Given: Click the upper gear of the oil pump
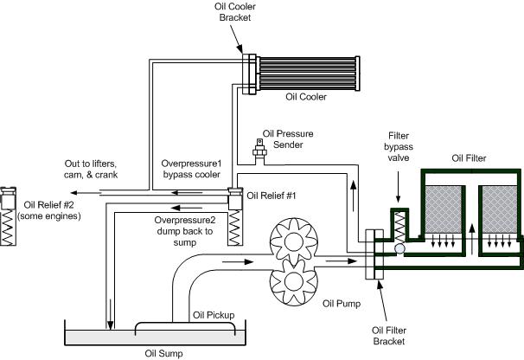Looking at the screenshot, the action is click(x=294, y=241).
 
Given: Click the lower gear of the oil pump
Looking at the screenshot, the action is click(x=294, y=282).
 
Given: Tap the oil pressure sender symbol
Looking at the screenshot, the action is click(x=259, y=151).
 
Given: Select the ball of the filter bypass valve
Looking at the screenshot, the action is click(x=399, y=248).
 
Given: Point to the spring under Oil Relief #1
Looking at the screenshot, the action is click(x=235, y=228).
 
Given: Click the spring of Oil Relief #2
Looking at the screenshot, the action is click(x=8, y=228).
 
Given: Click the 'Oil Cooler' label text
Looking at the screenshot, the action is click(x=306, y=97).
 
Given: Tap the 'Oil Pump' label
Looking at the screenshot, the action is click(x=342, y=304).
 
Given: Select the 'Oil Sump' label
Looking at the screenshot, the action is click(x=163, y=353).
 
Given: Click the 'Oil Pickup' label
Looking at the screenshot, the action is click(x=214, y=315).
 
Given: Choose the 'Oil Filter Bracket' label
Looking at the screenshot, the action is click(x=389, y=336).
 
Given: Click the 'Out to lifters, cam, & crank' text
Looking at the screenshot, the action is click(x=91, y=169).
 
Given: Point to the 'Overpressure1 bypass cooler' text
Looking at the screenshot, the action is click(x=191, y=169).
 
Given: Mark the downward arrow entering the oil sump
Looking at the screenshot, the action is click(x=110, y=313).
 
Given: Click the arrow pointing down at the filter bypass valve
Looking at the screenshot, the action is click(x=398, y=187).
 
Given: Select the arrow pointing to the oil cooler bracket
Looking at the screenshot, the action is click(x=236, y=38).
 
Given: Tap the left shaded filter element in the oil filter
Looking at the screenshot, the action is click(x=443, y=209).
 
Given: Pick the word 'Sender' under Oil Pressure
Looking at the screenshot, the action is click(x=288, y=145).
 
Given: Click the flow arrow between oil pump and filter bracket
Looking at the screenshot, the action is click(x=342, y=261).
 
